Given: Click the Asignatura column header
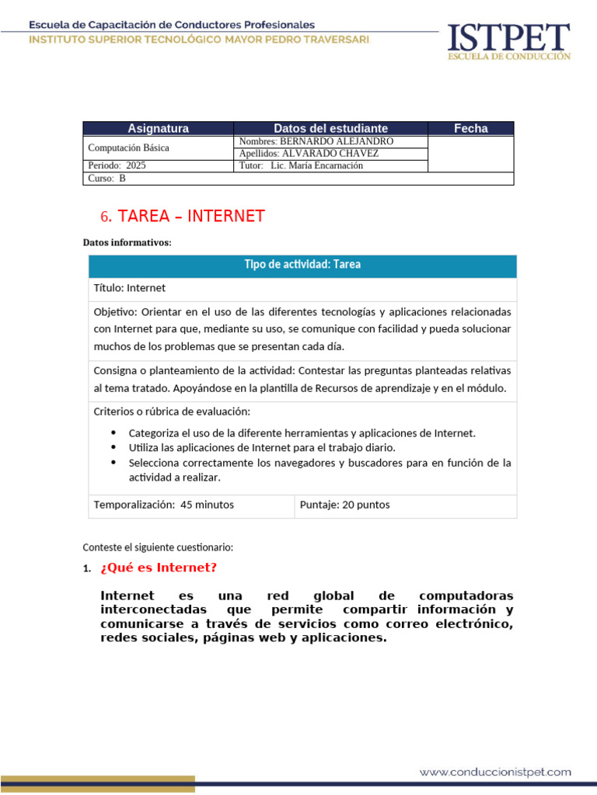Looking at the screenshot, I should point(158,128).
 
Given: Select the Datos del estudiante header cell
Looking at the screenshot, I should point(330,128).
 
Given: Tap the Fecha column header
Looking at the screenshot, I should point(470,128).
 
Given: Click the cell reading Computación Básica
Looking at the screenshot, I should point(129,148).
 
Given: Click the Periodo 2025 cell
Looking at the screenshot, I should point(117,165).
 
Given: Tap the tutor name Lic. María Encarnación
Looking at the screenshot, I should point(316,165).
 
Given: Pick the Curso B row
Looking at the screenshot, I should point(107,178).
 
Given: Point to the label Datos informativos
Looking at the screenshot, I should point(127,243).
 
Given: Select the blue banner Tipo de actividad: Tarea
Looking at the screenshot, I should point(302,265).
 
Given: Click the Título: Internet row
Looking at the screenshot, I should point(130,288).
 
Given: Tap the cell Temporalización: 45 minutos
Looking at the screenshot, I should point(164,505).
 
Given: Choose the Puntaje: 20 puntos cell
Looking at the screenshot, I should point(345,505).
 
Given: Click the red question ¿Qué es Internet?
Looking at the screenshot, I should point(159,568).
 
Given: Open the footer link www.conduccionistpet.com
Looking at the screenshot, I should point(495,772).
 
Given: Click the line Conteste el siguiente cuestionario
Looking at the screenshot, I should point(158,547).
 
